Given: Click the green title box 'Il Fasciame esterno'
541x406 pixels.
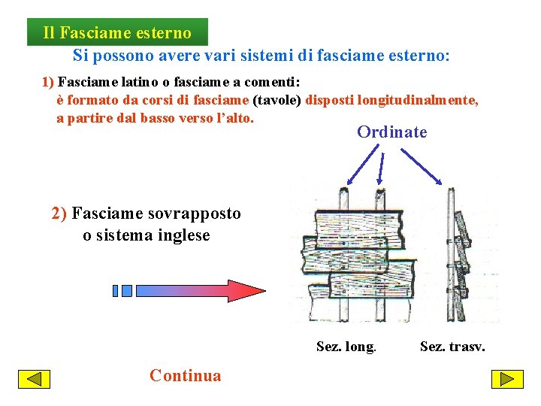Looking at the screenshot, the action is point(117,33).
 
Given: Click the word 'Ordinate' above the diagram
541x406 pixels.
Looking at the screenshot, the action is point(391,132).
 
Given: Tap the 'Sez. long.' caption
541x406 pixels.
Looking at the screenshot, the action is point(346,347).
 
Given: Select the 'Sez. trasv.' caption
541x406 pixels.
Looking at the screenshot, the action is point(452,347).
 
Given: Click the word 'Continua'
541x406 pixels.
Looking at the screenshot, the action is point(185,376).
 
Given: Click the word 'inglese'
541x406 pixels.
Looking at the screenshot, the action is point(184,235).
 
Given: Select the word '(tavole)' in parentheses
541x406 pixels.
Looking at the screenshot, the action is point(277,100).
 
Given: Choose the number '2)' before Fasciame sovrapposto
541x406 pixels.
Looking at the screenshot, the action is point(59,214).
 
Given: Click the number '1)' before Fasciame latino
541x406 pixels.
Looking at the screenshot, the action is point(48,81).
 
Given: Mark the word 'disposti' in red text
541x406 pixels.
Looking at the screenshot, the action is point(330,100).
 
